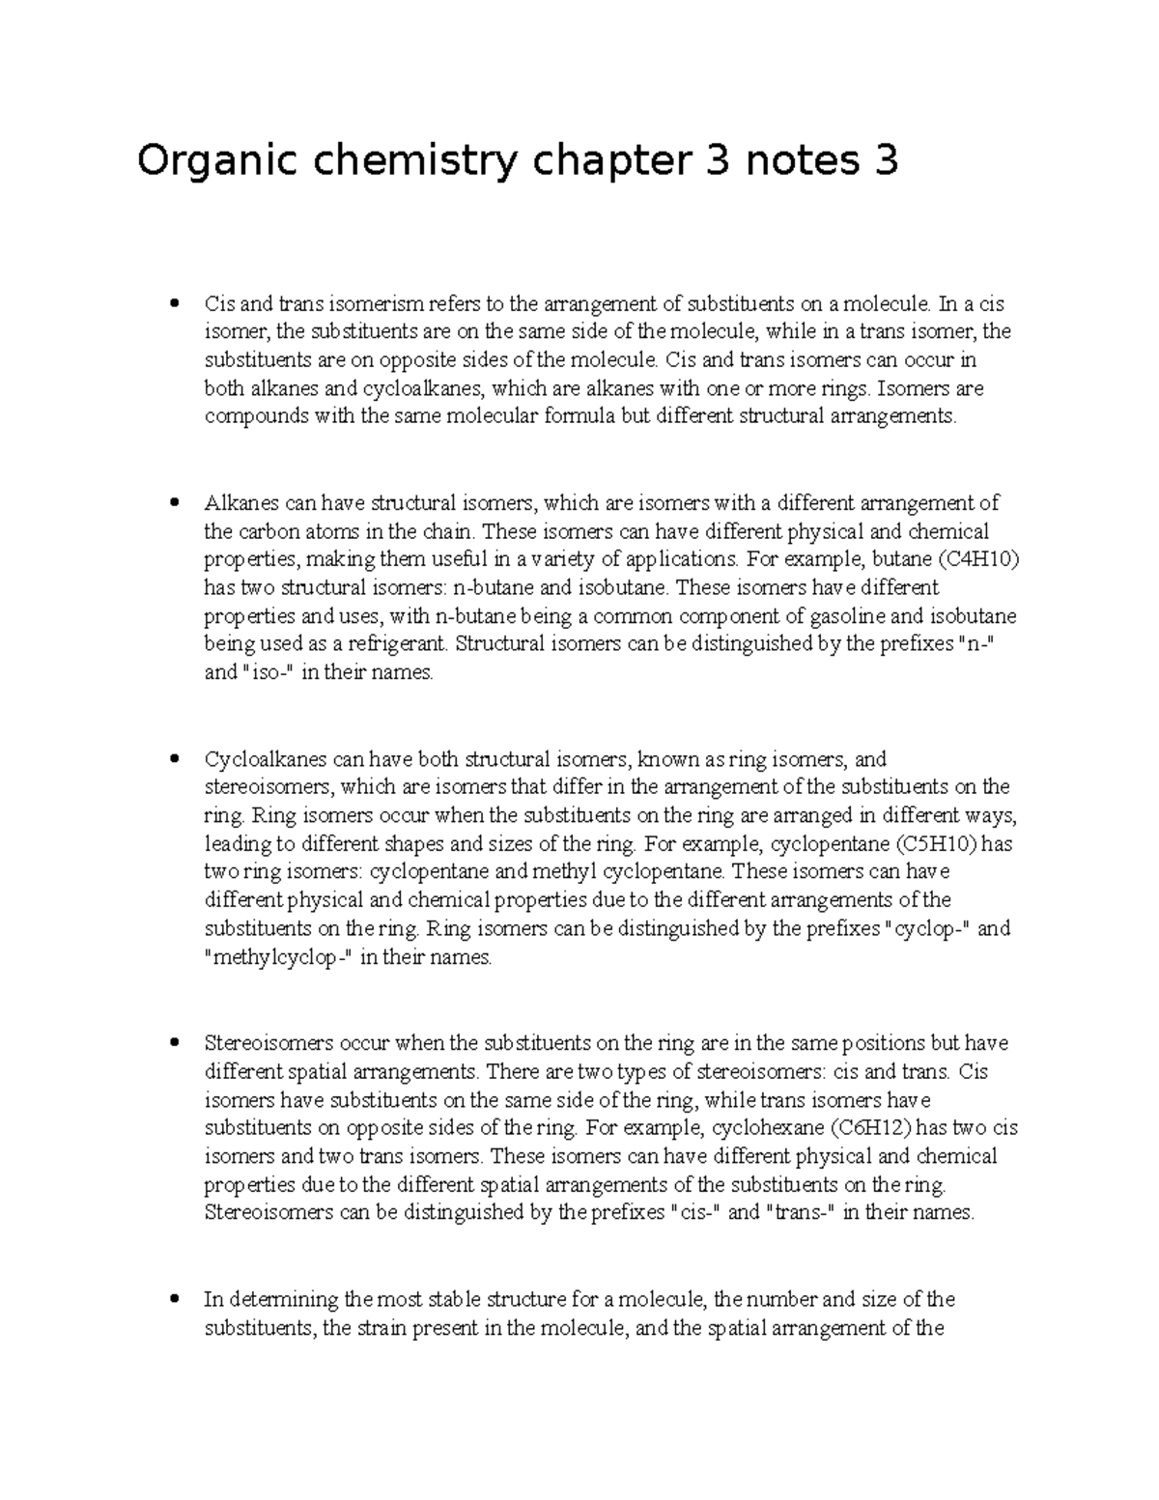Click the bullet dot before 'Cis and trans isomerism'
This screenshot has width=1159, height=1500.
174,304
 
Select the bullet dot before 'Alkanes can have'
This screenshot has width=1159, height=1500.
174,502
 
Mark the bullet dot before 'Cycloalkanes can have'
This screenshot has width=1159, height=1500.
174,759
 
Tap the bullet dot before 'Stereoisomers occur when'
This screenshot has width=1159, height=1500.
174,1043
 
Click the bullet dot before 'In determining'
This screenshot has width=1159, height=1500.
174,1299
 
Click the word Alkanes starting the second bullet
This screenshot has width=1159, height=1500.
241,502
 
